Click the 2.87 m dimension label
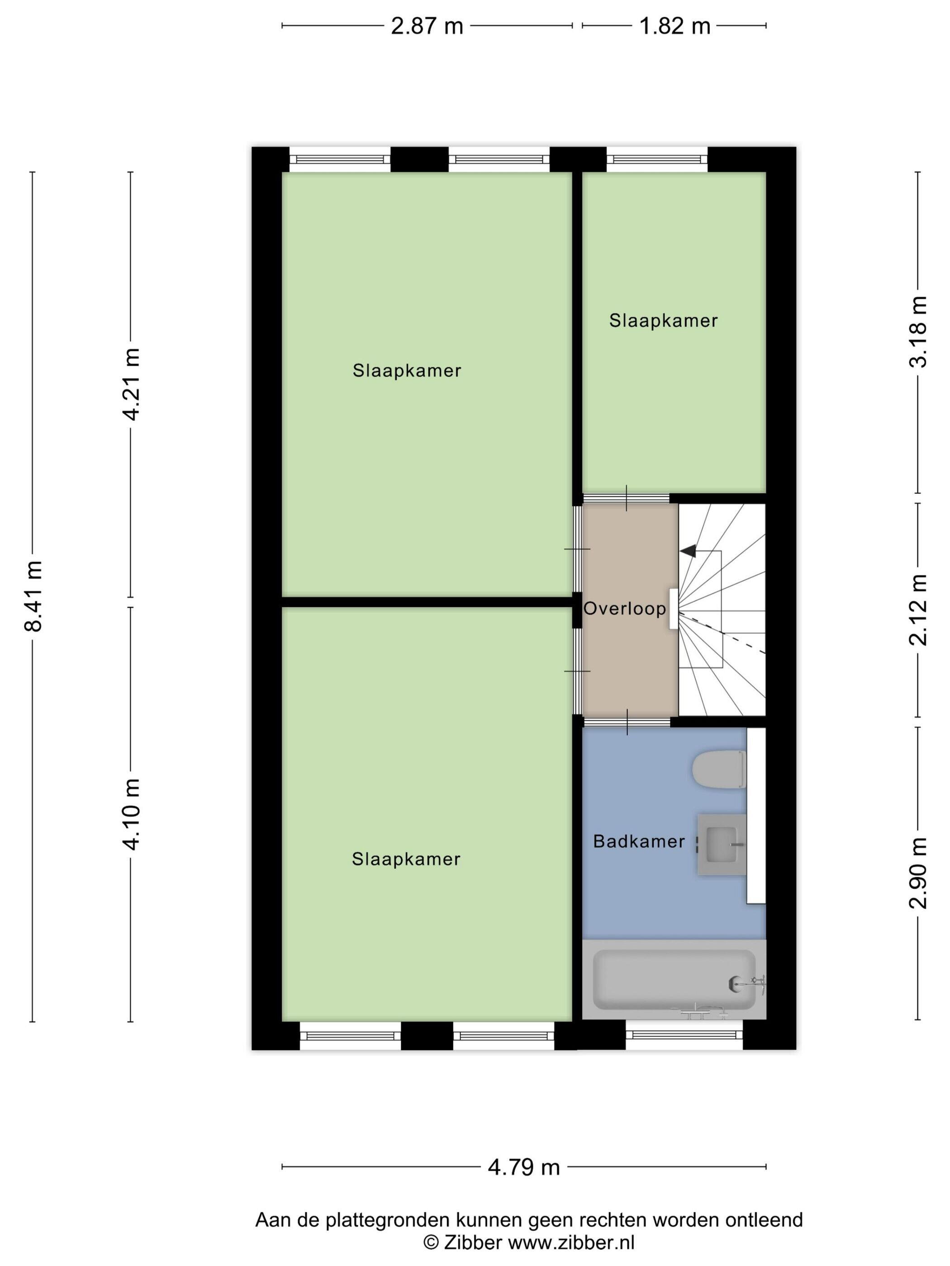click(427, 26)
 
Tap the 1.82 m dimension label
click(674, 26)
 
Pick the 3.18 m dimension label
click(918, 332)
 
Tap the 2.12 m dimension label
click(918, 609)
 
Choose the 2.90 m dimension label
click(918, 873)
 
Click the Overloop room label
click(625, 609)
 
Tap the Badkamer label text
click(639, 841)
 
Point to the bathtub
click(674, 979)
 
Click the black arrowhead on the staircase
click(688, 551)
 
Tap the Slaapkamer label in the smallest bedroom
click(663, 321)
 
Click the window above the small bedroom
click(657, 160)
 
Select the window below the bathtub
click(684, 1035)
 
